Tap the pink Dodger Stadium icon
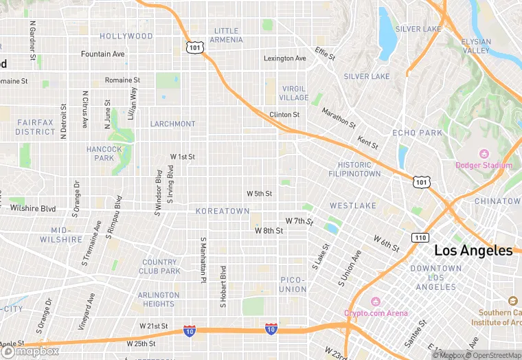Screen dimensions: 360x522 coord(484,153)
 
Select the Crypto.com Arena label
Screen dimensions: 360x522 coord(376,313)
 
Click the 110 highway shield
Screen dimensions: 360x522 coord(420,237)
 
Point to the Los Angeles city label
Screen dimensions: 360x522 coord(473,251)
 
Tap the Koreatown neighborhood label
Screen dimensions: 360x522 coord(223,211)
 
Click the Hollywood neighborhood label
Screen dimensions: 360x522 coord(126,36)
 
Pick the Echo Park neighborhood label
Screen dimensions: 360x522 coord(418,132)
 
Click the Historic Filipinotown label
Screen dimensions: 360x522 coord(359,169)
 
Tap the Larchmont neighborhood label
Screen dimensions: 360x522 coord(173,124)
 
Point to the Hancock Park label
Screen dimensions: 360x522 coord(104,153)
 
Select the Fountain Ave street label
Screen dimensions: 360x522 coord(103,54)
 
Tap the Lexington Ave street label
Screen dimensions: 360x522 coord(285,58)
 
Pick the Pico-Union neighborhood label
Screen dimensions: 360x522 coord(293,284)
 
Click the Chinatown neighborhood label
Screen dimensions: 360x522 coord(498,201)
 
